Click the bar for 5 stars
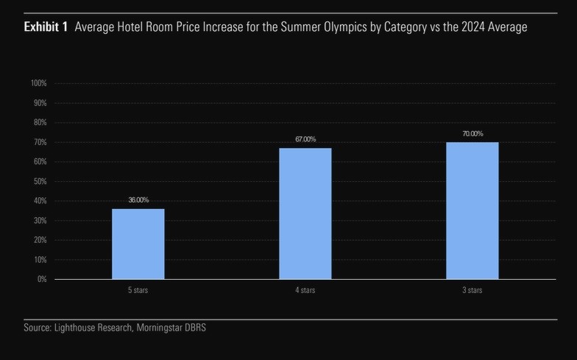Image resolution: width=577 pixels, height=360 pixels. (x=138, y=244)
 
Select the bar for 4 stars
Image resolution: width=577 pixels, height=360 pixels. (x=305, y=213)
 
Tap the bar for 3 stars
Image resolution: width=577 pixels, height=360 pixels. (x=472, y=211)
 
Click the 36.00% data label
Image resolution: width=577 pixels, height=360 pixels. (x=138, y=200)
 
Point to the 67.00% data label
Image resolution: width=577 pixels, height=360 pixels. (x=305, y=139)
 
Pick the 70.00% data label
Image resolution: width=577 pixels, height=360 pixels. (x=472, y=133)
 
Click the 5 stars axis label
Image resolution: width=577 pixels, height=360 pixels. (x=138, y=291)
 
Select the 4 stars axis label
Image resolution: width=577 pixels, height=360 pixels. (x=305, y=291)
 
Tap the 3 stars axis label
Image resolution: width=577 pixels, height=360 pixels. (x=472, y=291)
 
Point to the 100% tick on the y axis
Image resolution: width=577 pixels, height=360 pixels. (x=39, y=83)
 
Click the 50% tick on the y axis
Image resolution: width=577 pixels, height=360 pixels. (x=40, y=181)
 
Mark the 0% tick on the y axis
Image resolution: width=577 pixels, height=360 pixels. (x=43, y=279)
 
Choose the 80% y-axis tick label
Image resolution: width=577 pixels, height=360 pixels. (x=40, y=122)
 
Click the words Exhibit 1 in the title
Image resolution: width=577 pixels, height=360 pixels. (x=46, y=27)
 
